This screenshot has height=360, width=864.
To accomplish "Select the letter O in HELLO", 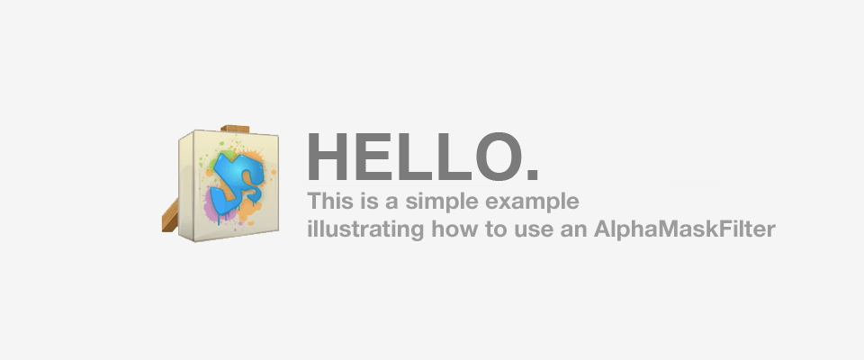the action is point(499,157).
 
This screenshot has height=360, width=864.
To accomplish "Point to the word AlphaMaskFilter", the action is point(684,229).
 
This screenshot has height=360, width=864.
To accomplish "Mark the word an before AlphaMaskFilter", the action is point(571,231).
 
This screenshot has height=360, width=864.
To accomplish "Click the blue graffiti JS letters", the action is point(237,185).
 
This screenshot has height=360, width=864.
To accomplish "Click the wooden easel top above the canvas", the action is point(235,129).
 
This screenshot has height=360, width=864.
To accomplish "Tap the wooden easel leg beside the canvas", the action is point(170,216).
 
